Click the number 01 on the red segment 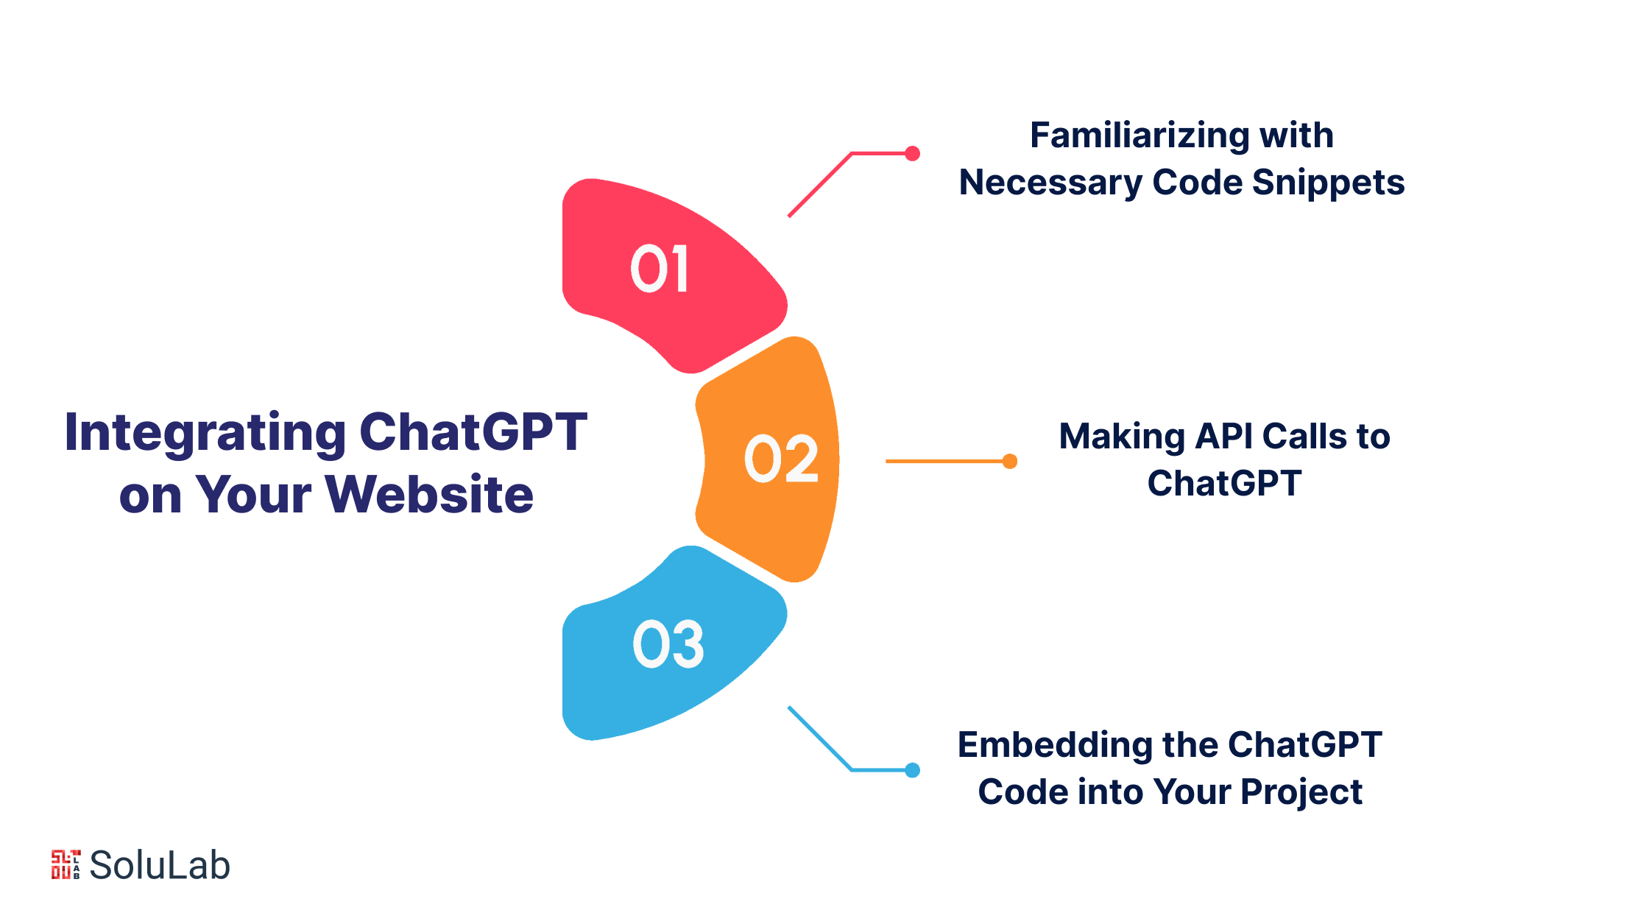tap(660, 269)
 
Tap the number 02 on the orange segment tap(781, 459)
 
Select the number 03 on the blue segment tap(668, 644)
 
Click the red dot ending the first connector tap(912, 153)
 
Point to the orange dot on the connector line tap(1010, 461)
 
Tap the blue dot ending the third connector tap(912, 770)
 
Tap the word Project tap(1301, 793)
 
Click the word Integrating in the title tap(205, 434)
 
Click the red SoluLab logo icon tap(66, 864)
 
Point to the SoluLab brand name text tap(160, 865)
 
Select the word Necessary tap(1050, 183)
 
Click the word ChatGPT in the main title tap(473, 432)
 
